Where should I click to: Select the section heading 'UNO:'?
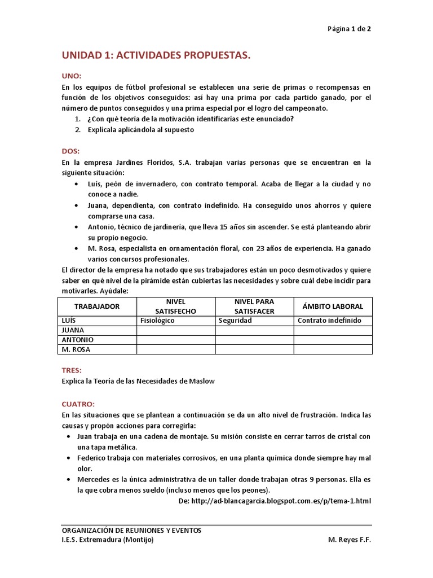(72, 76)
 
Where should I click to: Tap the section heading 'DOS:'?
(71, 151)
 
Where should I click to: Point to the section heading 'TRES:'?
(72, 370)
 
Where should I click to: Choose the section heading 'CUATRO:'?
(78, 404)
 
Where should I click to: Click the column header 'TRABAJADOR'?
(98, 306)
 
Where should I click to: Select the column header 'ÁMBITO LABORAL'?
(333, 306)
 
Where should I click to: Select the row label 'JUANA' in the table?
(73, 330)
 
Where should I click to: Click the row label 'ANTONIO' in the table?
(77, 340)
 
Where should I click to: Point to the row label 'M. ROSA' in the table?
(76, 349)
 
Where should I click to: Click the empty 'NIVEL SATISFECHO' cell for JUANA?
(176, 330)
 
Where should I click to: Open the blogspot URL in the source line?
(281, 501)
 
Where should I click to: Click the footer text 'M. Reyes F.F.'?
(350, 539)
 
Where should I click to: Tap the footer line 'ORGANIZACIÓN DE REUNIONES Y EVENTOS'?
(131, 530)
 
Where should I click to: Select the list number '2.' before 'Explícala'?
(78, 129)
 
